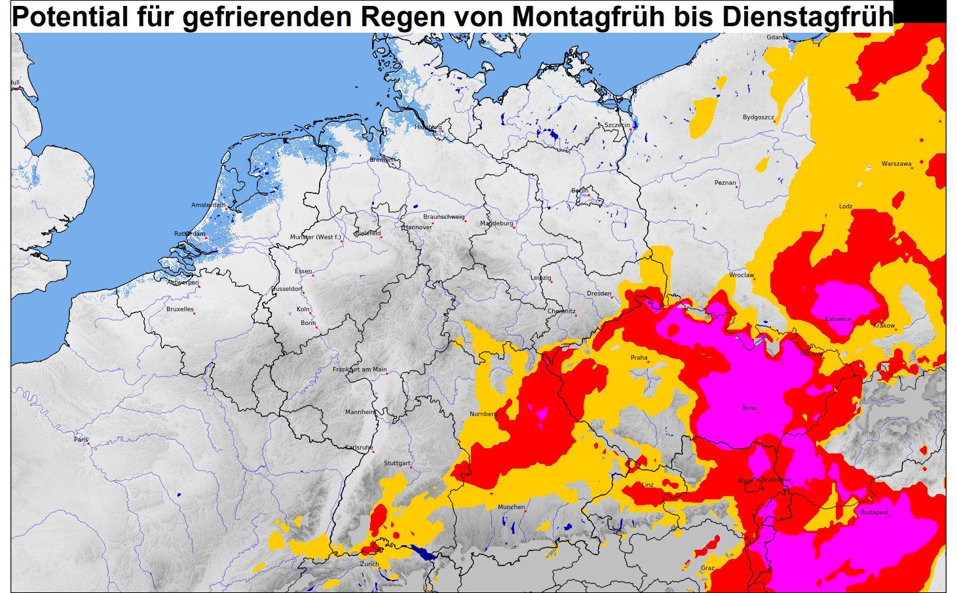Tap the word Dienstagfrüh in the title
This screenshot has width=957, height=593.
click(x=808, y=16)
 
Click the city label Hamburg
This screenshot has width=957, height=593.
click(x=428, y=126)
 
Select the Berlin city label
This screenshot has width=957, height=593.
click(x=580, y=191)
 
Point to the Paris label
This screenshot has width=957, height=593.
click(x=81, y=440)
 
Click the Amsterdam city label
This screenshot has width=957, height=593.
click(x=208, y=205)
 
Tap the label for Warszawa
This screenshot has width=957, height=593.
click(x=896, y=164)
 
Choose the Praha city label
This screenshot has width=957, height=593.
click(x=639, y=358)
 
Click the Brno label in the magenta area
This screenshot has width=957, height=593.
click(x=749, y=408)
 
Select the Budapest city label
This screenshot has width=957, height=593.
click(x=874, y=512)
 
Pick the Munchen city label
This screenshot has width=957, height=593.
click(x=511, y=507)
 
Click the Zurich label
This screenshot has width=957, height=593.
click(x=369, y=564)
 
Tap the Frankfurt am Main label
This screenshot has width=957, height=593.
click(x=360, y=370)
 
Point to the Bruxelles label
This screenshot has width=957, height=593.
click(x=179, y=309)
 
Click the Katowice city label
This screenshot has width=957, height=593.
click(x=838, y=319)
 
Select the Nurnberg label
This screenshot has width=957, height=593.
click(x=483, y=414)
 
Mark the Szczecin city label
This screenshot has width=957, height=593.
click(x=617, y=124)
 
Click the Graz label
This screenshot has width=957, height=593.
click(x=707, y=567)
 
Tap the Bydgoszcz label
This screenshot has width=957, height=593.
click(x=758, y=117)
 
